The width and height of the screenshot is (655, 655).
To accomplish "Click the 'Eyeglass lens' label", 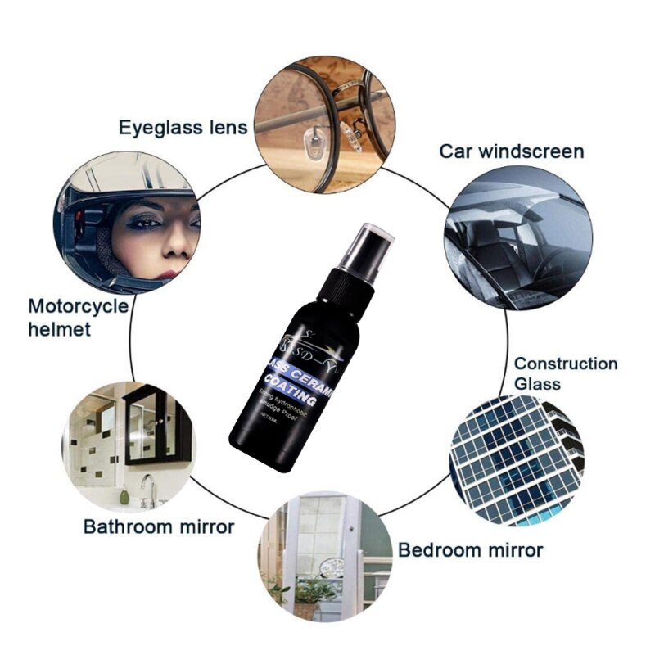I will tap(182, 127).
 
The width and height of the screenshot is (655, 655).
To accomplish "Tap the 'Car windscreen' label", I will tap(512, 151).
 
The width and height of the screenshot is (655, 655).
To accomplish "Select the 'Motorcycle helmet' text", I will tap(79, 318).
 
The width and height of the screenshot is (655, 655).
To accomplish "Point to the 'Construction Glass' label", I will tap(565, 373).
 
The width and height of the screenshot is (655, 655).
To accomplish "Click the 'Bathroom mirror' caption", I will tap(159, 526).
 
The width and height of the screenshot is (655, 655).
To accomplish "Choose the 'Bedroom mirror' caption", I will tap(470, 549).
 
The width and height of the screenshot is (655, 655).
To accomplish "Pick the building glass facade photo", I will tap(516, 458).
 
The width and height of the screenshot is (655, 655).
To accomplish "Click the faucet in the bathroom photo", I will tap(147, 488).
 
